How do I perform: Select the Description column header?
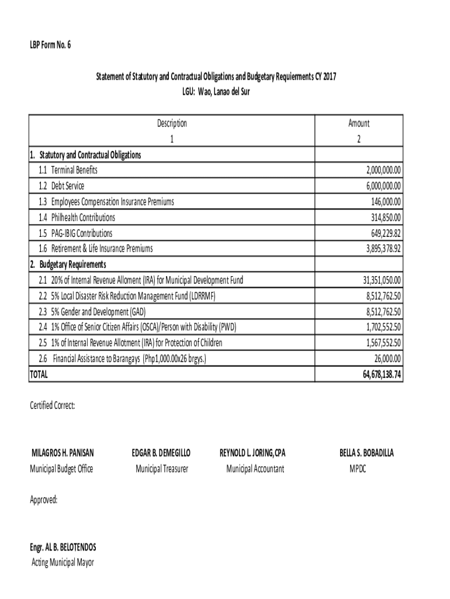pyautogui.click(x=172, y=123)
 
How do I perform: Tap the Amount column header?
pyautogui.click(x=359, y=123)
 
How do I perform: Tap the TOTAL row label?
pyautogui.click(x=39, y=374)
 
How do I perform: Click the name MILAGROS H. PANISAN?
pyautogui.click(x=63, y=453)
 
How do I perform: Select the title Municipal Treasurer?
pyautogui.click(x=162, y=469)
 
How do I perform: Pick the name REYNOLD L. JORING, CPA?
pyautogui.click(x=252, y=453)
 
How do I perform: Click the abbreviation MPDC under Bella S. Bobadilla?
pyautogui.click(x=358, y=469)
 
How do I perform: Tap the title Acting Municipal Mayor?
pyautogui.click(x=62, y=563)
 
